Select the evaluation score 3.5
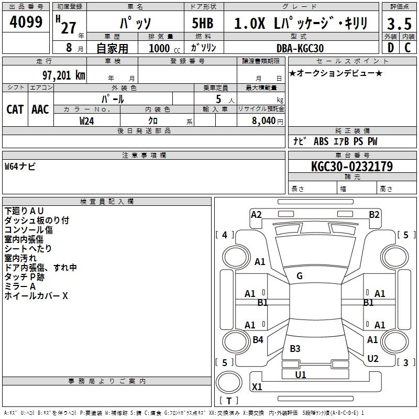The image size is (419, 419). tap(399, 24)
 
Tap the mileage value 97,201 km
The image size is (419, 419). tap(63, 75)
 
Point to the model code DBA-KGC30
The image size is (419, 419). tap(300, 48)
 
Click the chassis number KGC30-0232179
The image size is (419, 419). tap(351, 167)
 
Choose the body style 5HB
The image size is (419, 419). tap(202, 24)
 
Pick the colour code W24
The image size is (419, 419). tap(86, 120)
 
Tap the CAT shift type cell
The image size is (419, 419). tap(15, 109)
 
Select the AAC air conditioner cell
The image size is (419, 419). tap(40, 109)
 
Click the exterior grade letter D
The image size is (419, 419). tap(390, 48)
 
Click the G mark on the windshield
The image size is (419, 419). tap(299, 276)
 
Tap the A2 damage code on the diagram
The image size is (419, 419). tap(256, 215)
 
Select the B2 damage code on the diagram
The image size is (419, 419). tap(374, 215)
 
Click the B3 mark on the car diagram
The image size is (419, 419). tap(295, 349)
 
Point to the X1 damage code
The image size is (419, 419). tap(257, 387)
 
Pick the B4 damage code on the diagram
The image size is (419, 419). tap(258, 340)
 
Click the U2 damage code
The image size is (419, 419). tap(372, 359)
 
